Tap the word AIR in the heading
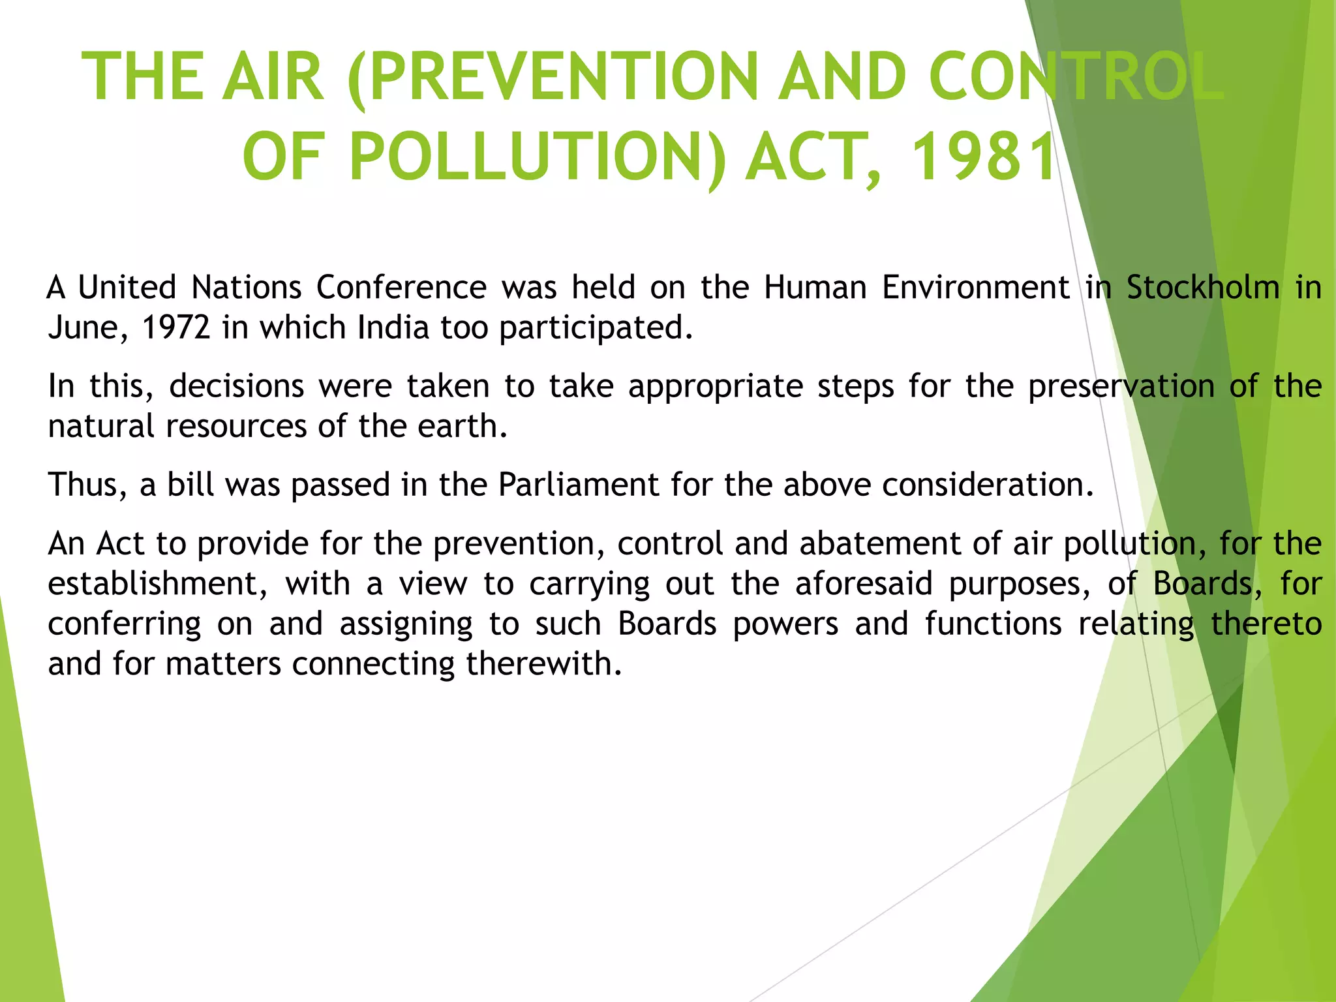(x=273, y=77)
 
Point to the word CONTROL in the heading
(x=1076, y=77)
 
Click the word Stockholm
(x=1203, y=288)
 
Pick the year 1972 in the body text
(x=176, y=327)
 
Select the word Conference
(x=401, y=288)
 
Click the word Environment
(x=976, y=288)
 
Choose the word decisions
(x=237, y=386)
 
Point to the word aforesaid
(x=864, y=584)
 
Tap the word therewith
(x=543, y=664)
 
